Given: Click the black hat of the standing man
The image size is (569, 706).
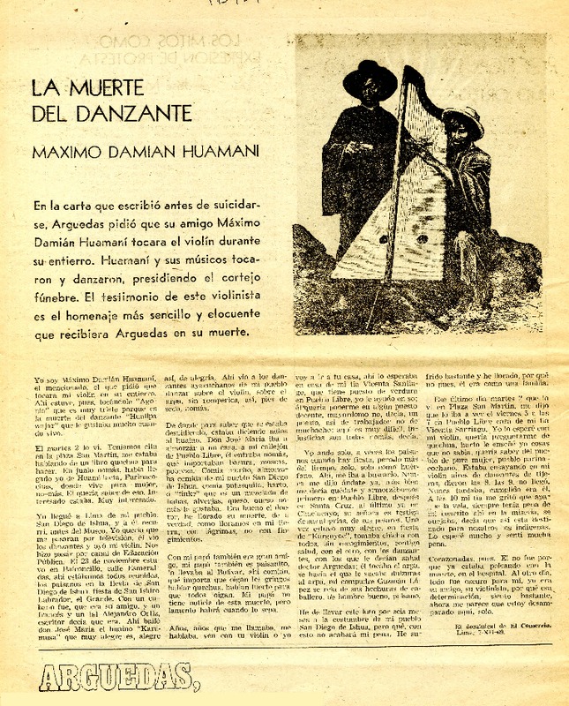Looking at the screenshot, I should click(x=370, y=79).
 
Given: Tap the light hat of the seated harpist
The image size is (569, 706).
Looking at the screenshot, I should click(x=464, y=120).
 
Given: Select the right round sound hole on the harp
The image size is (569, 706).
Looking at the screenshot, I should click(x=423, y=237).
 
